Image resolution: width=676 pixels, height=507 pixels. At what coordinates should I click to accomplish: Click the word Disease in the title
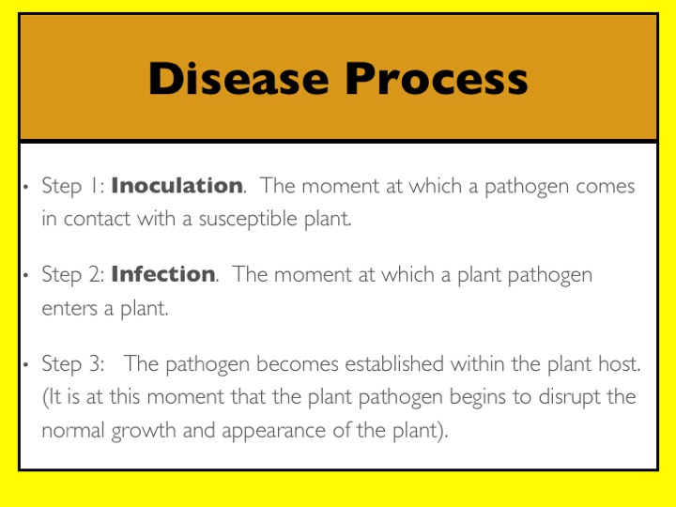(x=238, y=78)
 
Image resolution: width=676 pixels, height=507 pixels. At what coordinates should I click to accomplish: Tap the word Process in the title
(x=437, y=78)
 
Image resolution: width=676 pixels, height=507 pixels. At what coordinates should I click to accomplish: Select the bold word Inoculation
(x=177, y=185)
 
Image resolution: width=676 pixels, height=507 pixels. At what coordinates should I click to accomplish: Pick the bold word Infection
(x=163, y=274)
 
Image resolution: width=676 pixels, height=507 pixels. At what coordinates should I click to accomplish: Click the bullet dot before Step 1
(x=26, y=187)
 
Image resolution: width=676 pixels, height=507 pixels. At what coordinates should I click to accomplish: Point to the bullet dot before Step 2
(x=26, y=275)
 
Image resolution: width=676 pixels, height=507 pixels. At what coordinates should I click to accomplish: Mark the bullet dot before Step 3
(x=26, y=364)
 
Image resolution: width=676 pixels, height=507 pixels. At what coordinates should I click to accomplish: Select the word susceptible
(x=248, y=220)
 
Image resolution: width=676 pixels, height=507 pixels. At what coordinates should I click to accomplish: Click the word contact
(x=97, y=219)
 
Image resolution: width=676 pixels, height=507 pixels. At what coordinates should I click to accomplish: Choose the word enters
(x=69, y=309)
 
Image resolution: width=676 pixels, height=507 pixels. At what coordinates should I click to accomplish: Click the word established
(x=394, y=363)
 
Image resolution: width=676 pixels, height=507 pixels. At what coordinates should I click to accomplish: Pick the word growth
(x=143, y=431)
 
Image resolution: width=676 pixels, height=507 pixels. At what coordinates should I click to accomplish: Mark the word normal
(x=73, y=430)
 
